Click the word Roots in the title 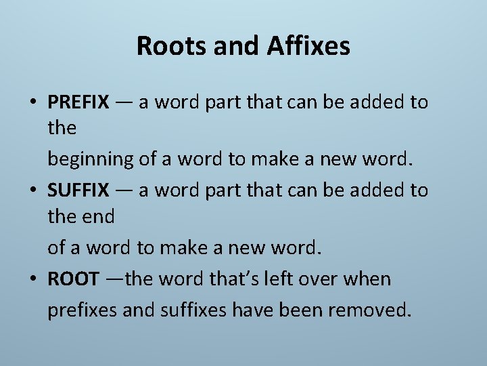(x=166, y=46)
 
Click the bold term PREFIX (x=78, y=102)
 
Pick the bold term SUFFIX (x=78, y=190)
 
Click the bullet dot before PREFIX (x=33, y=103)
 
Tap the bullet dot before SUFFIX (x=33, y=191)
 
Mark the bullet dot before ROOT (x=33, y=279)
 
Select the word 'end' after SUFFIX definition (x=100, y=216)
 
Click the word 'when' (x=367, y=279)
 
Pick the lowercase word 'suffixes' (x=193, y=310)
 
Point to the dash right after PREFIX (x=124, y=103)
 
